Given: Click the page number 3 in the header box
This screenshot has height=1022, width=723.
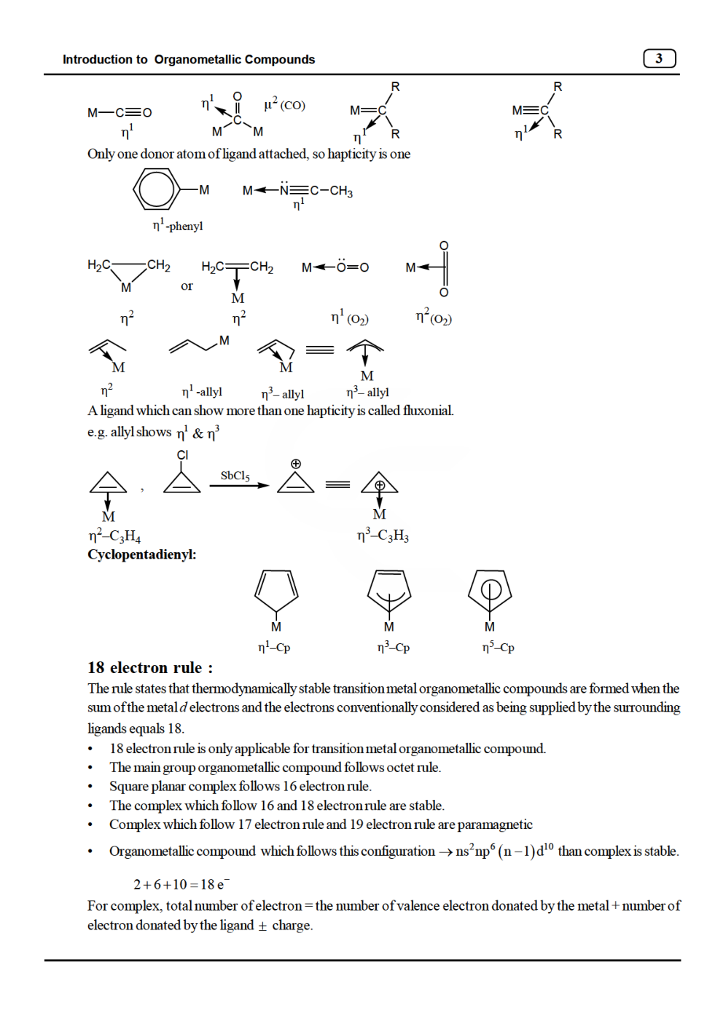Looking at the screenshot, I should (x=659, y=58).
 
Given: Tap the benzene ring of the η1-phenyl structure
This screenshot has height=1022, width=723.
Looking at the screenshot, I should (x=156, y=189).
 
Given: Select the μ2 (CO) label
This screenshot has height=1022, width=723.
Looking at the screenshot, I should (x=284, y=105).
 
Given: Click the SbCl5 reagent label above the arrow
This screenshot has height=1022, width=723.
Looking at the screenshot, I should (x=235, y=476).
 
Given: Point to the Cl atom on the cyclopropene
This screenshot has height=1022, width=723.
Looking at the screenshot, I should (x=182, y=455).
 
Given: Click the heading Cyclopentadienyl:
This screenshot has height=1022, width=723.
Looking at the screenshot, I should (x=141, y=554).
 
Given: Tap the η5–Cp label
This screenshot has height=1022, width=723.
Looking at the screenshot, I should (x=498, y=647).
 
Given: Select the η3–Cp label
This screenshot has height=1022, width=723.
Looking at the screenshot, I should (x=393, y=647).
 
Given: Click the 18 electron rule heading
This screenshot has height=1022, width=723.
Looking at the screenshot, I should (x=150, y=667).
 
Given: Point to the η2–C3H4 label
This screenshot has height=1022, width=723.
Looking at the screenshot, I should (x=114, y=536).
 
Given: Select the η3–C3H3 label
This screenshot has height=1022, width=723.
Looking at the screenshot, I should (x=383, y=536).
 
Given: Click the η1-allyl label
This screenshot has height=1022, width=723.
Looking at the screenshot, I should (x=202, y=391).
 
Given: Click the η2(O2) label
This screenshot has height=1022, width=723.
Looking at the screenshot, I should (x=434, y=318).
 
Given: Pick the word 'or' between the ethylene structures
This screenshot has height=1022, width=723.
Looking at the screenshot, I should (x=187, y=286).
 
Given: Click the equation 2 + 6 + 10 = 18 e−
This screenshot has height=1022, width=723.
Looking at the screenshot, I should (x=181, y=884).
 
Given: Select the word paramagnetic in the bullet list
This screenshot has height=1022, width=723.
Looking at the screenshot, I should (x=495, y=825).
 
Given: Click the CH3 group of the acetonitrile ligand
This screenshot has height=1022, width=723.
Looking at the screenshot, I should (x=341, y=191).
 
